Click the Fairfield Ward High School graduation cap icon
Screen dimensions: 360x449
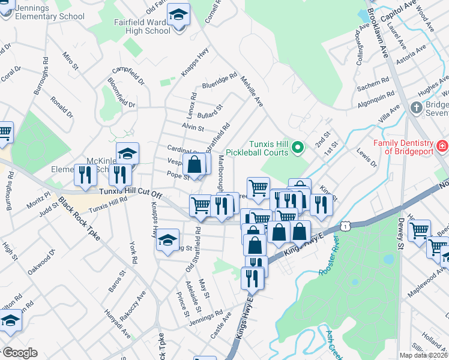click(178, 14)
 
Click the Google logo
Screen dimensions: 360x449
click(19, 353)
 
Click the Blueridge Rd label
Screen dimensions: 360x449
click(220, 80)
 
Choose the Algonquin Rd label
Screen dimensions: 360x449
click(375, 97)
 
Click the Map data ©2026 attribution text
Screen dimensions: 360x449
click(424, 355)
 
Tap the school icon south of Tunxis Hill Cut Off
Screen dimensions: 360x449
click(168, 241)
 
